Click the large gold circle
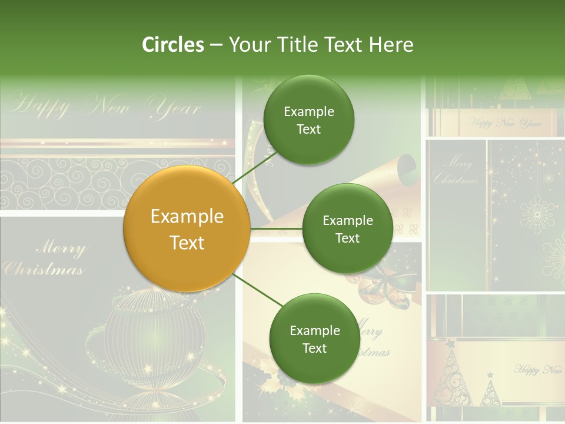tap(187, 229)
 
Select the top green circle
tap(308, 120)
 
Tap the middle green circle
tap(347, 229)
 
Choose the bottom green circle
tap(314, 339)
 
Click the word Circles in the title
tap(172, 45)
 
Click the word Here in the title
tap(391, 45)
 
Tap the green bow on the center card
tap(388, 289)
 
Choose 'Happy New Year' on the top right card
tap(504, 124)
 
